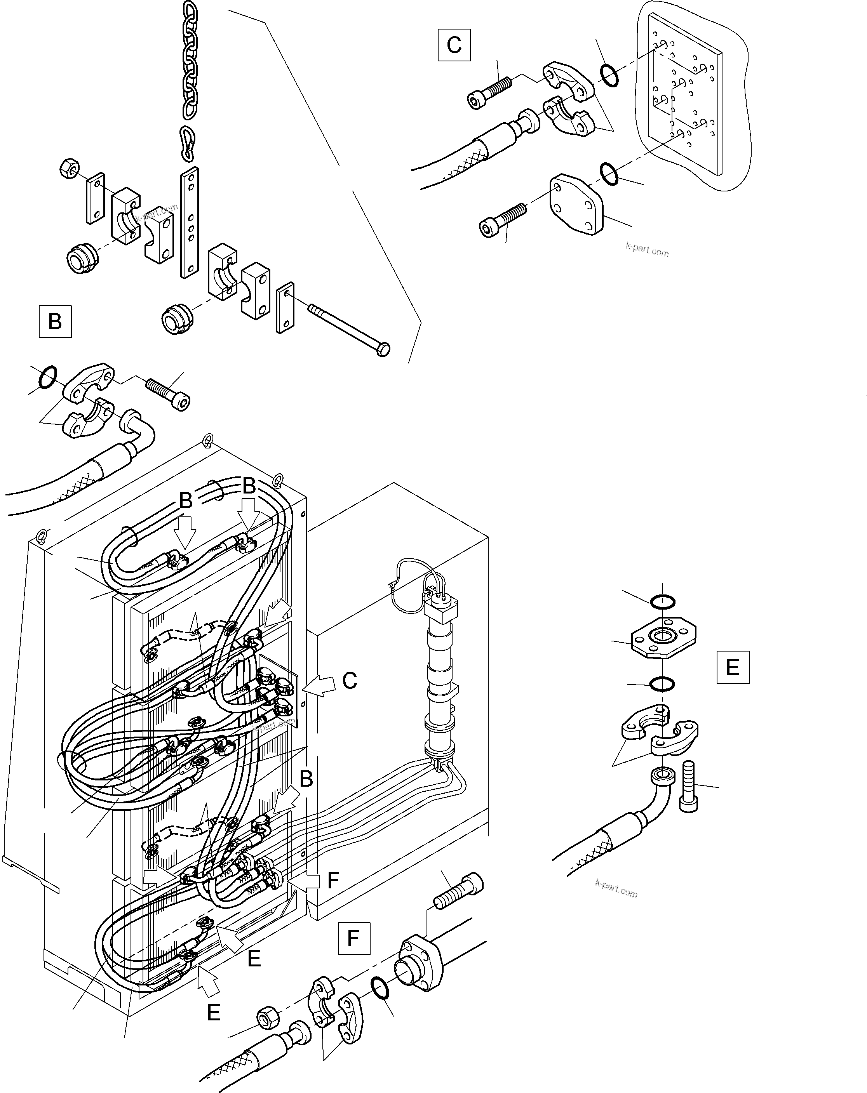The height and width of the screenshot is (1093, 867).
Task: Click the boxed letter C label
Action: [x=454, y=45]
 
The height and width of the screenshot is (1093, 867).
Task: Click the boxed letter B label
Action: [x=55, y=321]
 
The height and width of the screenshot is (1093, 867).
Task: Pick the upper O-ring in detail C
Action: [x=609, y=75]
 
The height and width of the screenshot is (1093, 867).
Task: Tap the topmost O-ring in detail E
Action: [x=663, y=602]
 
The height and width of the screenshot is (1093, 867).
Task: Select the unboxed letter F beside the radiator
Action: [x=333, y=881]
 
